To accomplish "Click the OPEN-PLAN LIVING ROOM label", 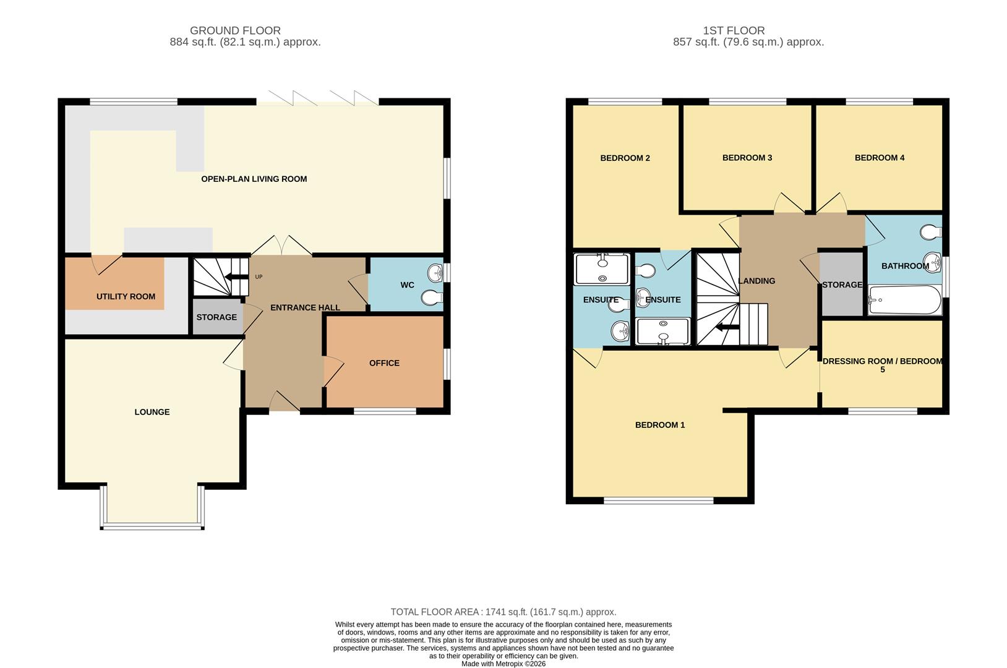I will pyautogui.click(x=254, y=179).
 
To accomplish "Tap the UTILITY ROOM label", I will pyautogui.click(x=126, y=296).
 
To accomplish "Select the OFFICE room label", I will pyautogui.click(x=384, y=363).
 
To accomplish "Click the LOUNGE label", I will pyautogui.click(x=152, y=412).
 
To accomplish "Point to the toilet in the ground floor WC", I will pyautogui.click(x=432, y=298).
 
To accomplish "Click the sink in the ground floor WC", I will pyautogui.click(x=436, y=272).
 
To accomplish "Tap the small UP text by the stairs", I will pyautogui.click(x=259, y=276).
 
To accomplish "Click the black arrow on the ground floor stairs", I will pyautogui.click(x=236, y=276).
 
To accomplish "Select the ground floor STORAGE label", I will pyautogui.click(x=216, y=317).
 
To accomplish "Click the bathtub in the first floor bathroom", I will pyautogui.click(x=904, y=301).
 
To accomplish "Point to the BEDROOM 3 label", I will pyautogui.click(x=747, y=158).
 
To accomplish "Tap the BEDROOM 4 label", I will pyautogui.click(x=880, y=158).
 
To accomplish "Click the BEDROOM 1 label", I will pyautogui.click(x=660, y=425).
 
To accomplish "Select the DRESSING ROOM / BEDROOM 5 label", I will pyautogui.click(x=883, y=365).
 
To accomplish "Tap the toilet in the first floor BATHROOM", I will pyautogui.click(x=932, y=233).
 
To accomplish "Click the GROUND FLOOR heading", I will pyautogui.click(x=235, y=30).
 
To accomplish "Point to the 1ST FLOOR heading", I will pyautogui.click(x=734, y=30).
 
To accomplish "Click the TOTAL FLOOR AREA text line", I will pyautogui.click(x=504, y=612).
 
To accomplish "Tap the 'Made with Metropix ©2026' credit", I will pyautogui.click(x=504, y=664).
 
